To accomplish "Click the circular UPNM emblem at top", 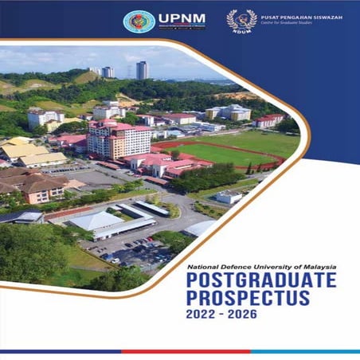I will (x=139, y=22).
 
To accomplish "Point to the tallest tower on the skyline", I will (x=142, y=70).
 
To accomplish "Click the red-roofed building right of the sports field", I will (x=268, y=120).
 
